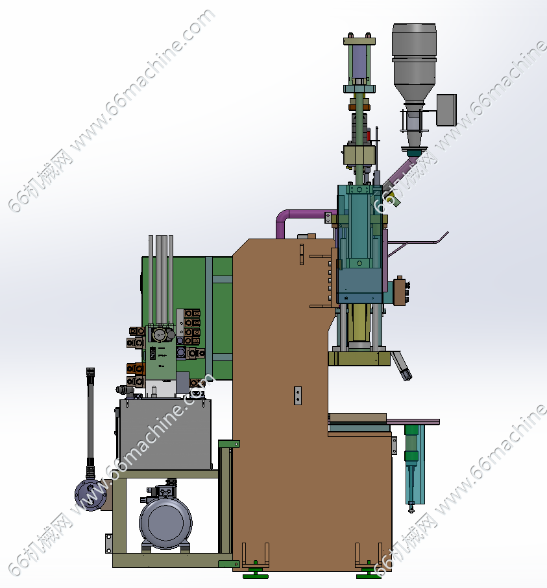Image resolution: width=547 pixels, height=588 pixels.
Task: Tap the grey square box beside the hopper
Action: tap(446, 110)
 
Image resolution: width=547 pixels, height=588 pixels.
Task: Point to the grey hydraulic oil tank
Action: tap(165, 434)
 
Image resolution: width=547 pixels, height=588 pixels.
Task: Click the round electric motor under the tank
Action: tap(165, 523)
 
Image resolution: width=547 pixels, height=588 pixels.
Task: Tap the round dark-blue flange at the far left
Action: tap(90, 495)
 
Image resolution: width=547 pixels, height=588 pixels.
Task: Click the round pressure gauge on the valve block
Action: tap(160, 335)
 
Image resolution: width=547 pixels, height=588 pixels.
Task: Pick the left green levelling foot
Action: tap(255, 572)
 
